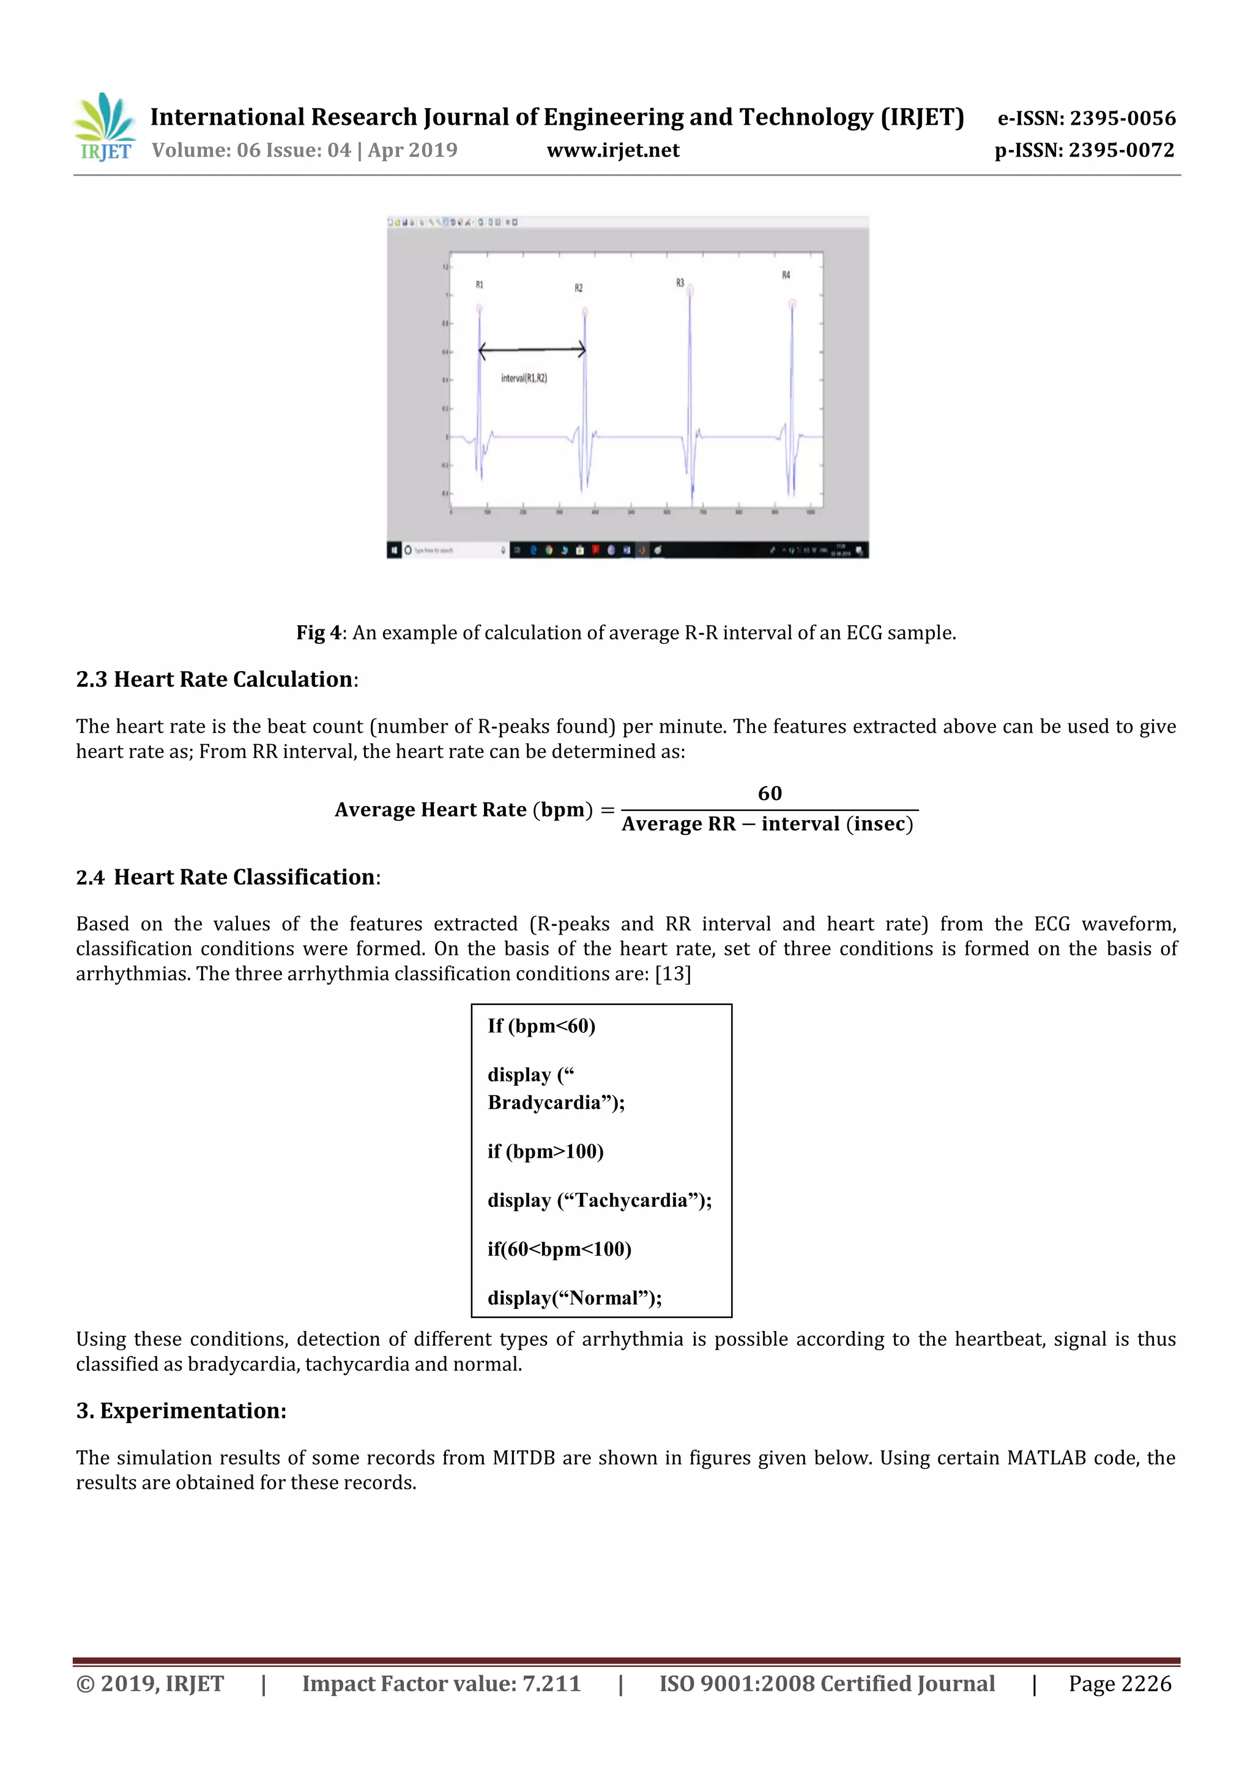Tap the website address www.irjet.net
[x=613, y=150]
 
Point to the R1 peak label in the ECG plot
[x=480, y=285]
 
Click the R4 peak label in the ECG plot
[x=786, y=275]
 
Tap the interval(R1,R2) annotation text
[x=524, y=378]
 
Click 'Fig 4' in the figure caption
[x=318, y=633]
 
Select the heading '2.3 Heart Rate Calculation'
[x=215, y=679]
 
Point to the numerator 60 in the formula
[x=769, y=793]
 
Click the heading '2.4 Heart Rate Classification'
[x=227, y=878]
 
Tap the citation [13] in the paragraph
[x=672, y=974]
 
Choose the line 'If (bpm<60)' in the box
[x=541, y=1026]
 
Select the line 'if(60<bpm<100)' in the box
[x=559, y=1250]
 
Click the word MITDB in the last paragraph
[x=524, y=1458]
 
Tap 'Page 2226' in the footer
[x=1120, y=1684]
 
